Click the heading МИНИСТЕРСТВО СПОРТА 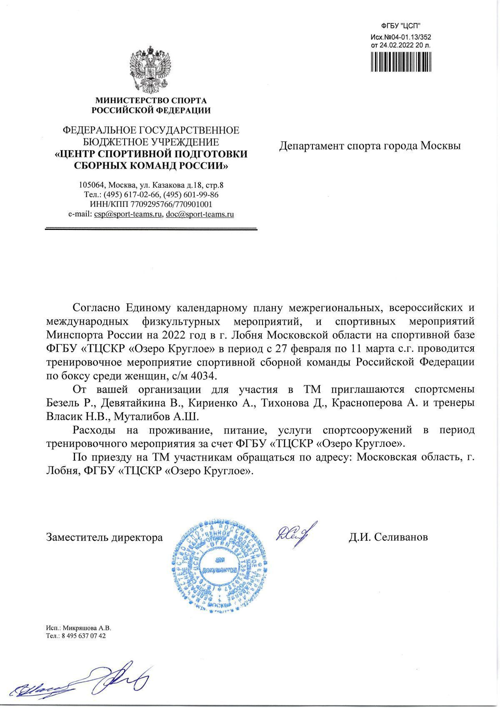151,101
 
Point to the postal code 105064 92,185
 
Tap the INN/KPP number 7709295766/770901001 171,204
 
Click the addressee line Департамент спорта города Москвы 370,146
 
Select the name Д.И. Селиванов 388,537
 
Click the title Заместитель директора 104,537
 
